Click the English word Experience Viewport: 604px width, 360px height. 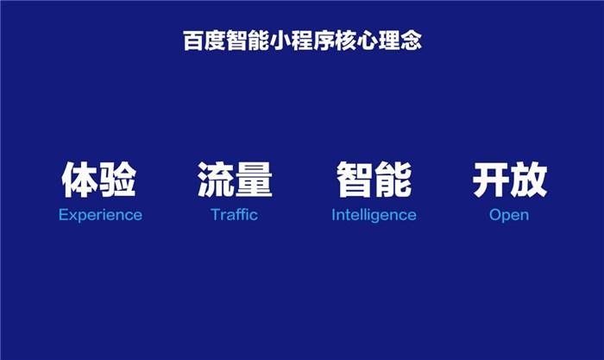pos(100,215)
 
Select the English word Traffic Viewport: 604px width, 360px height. pos(234,214)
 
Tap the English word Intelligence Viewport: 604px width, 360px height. pos(374,215)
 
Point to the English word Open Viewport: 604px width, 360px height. pos(509,215)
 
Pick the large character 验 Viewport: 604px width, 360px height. pos(118,180)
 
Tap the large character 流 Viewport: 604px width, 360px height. pos(216,180)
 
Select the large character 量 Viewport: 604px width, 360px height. pos(254,180)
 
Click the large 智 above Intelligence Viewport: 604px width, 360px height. pos(355,180)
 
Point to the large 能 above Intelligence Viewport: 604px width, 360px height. pos(393,180)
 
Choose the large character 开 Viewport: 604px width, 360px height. pos(490,180)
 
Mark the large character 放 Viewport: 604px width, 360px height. pos(528,180)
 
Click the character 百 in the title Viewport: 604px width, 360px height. pos(193,40)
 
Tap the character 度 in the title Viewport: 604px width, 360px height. pos(215,40)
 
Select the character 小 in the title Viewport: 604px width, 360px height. pos(280,40)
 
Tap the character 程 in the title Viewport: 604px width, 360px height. pos(302,40)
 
